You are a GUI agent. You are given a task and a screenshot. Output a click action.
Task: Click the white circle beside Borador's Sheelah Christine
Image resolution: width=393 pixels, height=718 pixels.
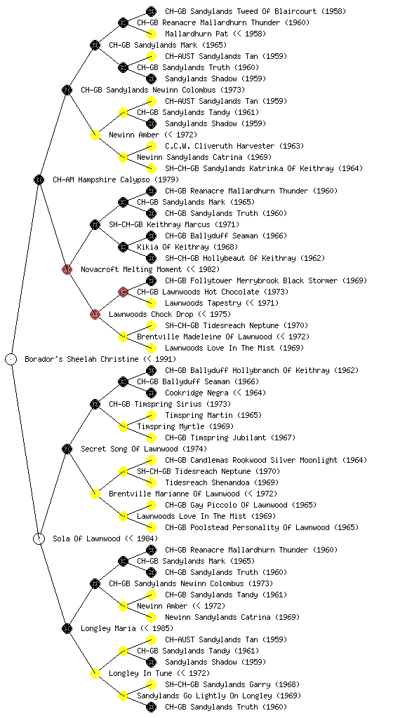(11, 359)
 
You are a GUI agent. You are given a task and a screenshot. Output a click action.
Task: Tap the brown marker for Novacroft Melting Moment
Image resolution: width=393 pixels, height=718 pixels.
(67, 269)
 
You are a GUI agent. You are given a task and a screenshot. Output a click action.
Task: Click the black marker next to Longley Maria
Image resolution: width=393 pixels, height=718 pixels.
(67, 628)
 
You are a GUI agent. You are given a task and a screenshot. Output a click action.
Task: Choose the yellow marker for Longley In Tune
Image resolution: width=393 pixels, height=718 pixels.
(95, 673)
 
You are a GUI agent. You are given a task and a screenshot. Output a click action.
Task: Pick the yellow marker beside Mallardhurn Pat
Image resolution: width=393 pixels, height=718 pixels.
(151, 34)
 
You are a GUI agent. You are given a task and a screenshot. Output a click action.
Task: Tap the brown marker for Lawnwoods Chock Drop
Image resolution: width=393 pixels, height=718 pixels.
(95, 314)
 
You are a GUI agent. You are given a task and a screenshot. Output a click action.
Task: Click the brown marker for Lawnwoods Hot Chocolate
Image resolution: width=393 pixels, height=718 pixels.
(123, 292)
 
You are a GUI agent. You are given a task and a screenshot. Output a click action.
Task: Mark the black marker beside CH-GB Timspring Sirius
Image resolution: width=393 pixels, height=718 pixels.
(95, 404)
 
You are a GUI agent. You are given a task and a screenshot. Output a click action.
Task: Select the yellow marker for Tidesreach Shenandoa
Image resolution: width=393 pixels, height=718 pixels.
(151, 482)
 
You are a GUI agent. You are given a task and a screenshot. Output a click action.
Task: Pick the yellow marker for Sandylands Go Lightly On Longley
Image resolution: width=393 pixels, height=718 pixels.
(123, 696)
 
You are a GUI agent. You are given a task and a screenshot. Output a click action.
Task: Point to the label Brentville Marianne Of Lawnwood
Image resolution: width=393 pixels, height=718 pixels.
(174, 494)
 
